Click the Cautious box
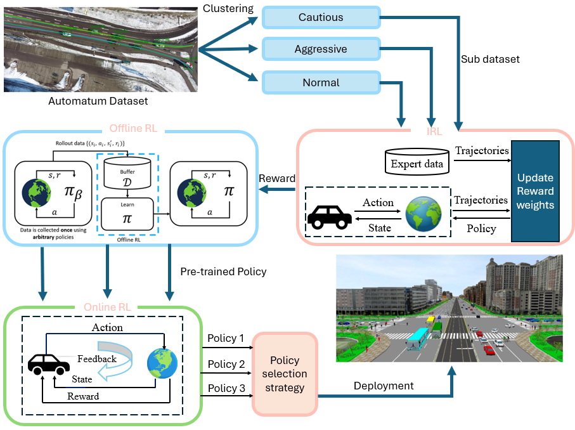pos(321,18)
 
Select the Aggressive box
pos(321,49)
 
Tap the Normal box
pos(321,82)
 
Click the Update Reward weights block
pos(535,191)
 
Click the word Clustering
pos(228,9)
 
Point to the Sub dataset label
pos(490,59)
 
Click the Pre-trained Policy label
pos(223,271)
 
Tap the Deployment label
pos(384,386)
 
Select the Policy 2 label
pos(226,364)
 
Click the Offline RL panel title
pos(131,129)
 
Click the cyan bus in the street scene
pos(418,340)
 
